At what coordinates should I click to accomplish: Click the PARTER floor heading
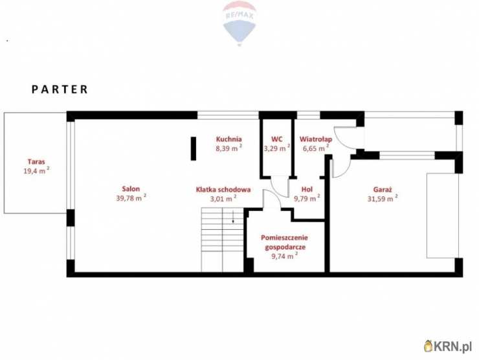click(60, 89)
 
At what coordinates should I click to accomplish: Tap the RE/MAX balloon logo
click(240, 23)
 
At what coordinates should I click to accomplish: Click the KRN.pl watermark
click(448, 346)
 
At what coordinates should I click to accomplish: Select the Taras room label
click(36, 162)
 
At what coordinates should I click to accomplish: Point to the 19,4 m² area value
click(37, 170)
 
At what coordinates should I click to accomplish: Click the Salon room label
click(131, 189)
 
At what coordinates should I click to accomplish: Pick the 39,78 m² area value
click(131, 197)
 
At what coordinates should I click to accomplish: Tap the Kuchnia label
click(228, 139)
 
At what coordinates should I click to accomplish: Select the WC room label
click(277, 139)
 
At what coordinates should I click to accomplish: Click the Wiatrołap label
click(316, 139)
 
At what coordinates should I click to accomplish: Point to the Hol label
click(307, 190)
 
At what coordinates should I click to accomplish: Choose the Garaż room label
click(383, 190)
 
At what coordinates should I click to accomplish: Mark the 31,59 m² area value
click(383, 198)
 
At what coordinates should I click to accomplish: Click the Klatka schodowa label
click(223, 190)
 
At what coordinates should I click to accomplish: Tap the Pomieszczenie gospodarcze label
click(284, 242)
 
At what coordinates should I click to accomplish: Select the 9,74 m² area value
click(284, 256)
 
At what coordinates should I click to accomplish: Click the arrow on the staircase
click(233, 217)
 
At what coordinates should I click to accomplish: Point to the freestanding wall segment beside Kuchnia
click(194, 148)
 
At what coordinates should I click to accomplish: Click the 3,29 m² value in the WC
click(277, 148)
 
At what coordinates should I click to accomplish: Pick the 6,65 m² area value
click(316, 148)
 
